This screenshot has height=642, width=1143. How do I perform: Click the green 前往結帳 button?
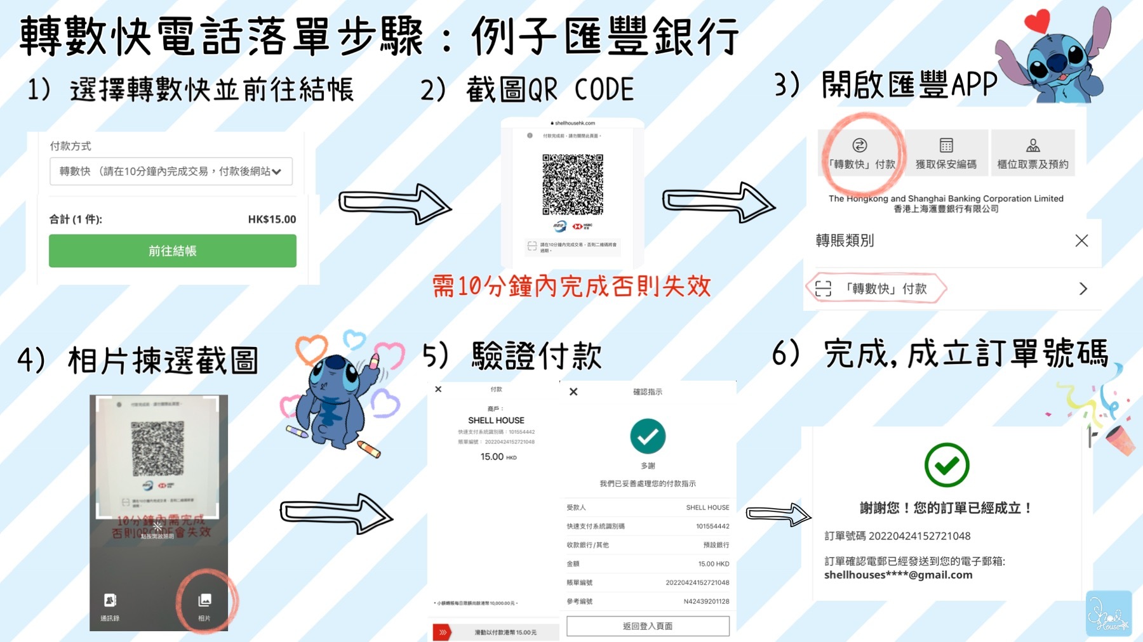172,251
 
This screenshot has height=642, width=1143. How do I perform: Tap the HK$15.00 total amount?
272,219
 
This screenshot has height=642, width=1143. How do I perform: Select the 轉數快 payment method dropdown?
171,171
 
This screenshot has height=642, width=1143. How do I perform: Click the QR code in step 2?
572,184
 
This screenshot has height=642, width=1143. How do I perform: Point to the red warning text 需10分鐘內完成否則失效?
571,287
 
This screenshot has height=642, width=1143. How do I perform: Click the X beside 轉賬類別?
1081,240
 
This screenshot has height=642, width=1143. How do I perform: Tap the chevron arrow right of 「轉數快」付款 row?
1083,289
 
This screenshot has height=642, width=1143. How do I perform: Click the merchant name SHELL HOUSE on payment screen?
496,421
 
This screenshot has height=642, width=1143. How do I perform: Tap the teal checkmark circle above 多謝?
648,436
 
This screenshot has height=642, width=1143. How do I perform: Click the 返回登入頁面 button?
648,626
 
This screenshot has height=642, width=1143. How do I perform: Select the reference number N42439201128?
706,601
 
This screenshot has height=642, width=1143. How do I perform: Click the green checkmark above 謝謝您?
946,465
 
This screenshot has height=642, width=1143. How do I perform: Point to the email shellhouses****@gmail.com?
898,575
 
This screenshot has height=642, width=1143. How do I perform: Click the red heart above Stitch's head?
1038,21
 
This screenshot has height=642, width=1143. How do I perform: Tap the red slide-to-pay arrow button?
443,632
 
